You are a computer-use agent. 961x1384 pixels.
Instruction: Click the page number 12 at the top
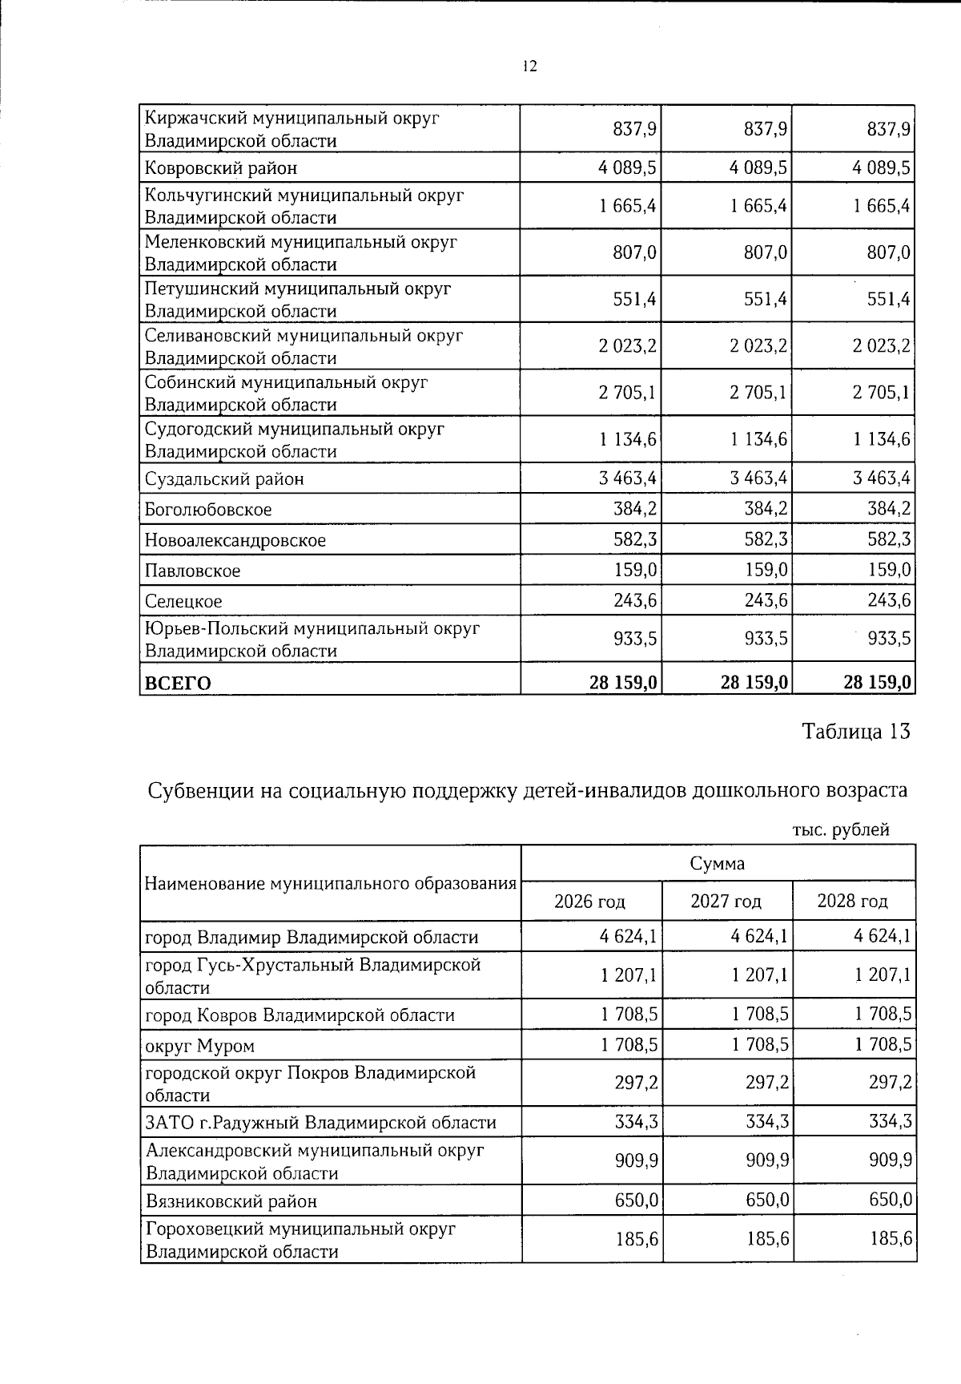[529, 67]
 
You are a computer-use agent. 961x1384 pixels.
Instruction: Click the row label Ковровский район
[221, 168]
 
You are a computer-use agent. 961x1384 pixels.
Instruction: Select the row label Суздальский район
[224, 479]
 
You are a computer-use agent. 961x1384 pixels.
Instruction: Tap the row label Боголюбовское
[208, 510]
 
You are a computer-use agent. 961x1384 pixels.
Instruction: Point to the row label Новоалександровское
[235, 540]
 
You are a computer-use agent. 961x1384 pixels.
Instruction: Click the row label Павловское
[192, 571]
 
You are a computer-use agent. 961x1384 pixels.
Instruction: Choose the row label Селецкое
[183, 602]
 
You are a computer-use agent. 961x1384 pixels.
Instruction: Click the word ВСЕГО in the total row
[178, 683]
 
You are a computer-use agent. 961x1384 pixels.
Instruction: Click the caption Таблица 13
[856, 732]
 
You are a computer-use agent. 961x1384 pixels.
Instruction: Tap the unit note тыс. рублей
[841, 830]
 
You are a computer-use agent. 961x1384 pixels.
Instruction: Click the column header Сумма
[717, 864]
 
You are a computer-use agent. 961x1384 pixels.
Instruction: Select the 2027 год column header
[726, 902]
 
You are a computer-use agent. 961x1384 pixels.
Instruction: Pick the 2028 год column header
[852, 902]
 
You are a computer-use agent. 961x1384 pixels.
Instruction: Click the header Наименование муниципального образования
[330, 884]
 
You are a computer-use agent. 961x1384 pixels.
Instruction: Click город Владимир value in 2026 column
[629, 937]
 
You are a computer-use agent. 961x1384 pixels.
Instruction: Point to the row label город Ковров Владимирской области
[300, 1015]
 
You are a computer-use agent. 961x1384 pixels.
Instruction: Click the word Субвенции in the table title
[201, 791]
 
